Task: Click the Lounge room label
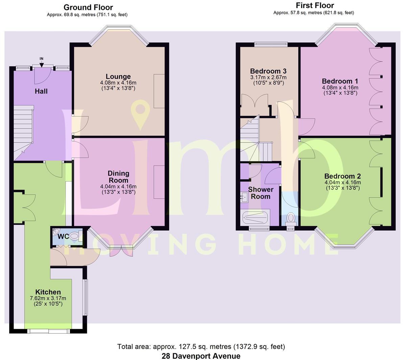point(118,76)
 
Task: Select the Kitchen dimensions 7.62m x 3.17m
point(48,298)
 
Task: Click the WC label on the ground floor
point(63,237)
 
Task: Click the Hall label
point(41,91)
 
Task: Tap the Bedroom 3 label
point(268,71)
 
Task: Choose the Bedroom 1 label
point(340,81)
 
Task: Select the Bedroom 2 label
point(342,176)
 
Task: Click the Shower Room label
point(260,193)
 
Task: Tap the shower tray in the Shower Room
point(256,217)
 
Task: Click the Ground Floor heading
point(88,7)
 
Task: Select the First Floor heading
point(314,5)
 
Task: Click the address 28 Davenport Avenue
point(201,356)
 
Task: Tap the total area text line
point(201,346)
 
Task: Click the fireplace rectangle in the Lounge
point(159,91)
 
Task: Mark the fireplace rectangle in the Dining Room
point(159,182)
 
